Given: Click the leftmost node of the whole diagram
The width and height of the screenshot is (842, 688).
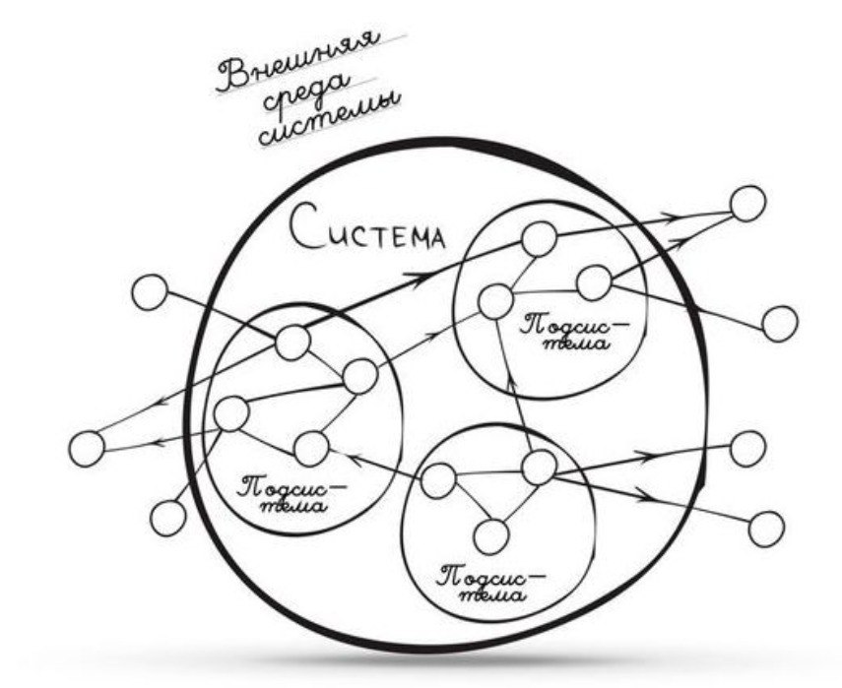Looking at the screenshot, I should [x=87, y=448].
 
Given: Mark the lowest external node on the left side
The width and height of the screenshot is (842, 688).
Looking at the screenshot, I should [x=168, y=517].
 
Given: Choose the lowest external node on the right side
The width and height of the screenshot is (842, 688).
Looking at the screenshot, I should [x=766, y=529].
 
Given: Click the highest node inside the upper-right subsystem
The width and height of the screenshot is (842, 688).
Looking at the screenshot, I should [x=540, y=239].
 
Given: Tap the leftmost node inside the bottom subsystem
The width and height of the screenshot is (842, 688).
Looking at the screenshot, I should [x=438, y=480].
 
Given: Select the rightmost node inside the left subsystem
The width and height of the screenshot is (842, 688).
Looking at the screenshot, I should [x=359, y=375].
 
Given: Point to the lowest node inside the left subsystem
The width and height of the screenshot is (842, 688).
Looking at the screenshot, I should [x=310, y=448].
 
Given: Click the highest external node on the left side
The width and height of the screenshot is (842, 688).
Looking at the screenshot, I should [x=151, y=293].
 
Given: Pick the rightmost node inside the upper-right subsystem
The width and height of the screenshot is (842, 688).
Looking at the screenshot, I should [x=594, y=282].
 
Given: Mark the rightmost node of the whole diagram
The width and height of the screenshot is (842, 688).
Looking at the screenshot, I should [x=780, y=323].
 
